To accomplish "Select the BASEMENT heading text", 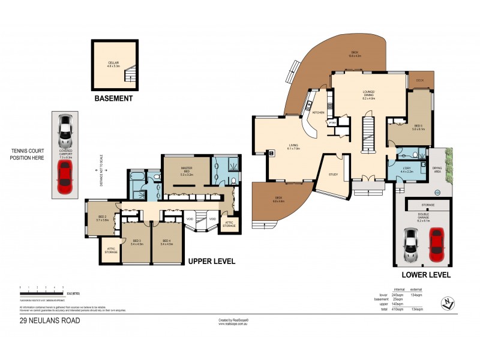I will click(x=113, y=98).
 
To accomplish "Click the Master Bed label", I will click(x=185, y=170).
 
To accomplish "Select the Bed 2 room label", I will click(x=101, y=219).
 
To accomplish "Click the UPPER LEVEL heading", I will click(x=211, y=262).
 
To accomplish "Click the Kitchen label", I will click(x=318, y=112).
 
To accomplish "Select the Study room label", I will click(x=333, y=175).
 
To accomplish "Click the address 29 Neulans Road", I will click(x=49, y=320).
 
